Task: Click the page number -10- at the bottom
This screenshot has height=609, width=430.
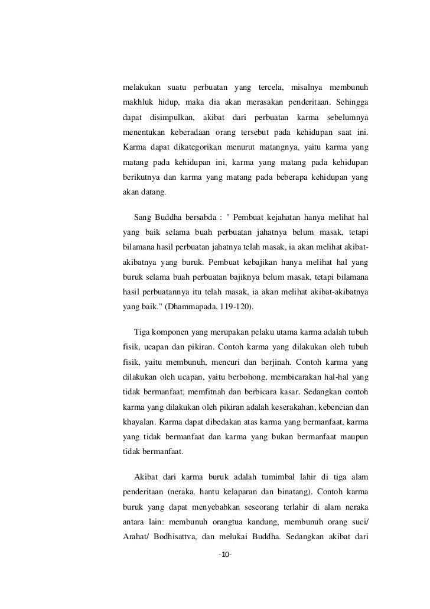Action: point(224,556)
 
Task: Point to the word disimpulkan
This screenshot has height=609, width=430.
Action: point(172,119)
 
